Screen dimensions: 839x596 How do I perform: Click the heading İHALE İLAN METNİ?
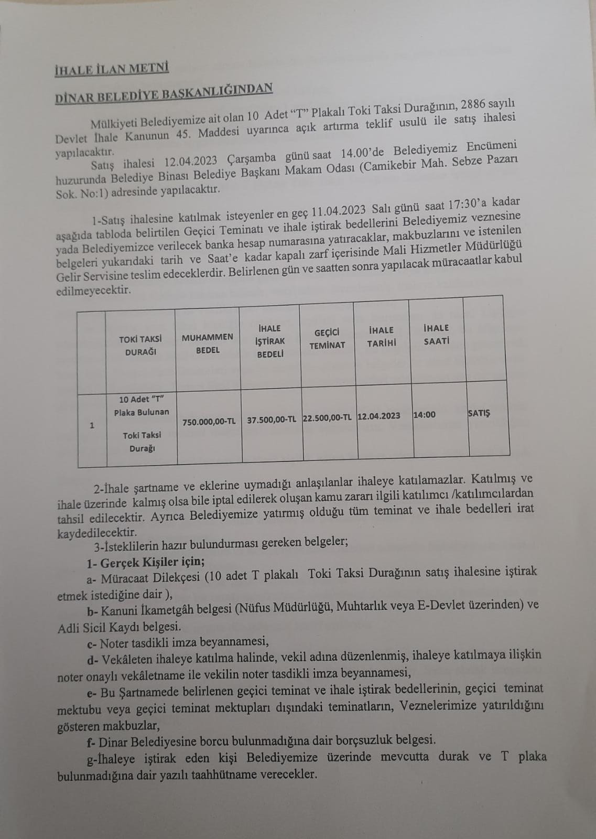[x=112, y=69]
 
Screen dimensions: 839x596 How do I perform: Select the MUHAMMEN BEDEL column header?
[x=208, y=343]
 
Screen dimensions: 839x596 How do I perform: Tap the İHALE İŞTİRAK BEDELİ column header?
[x=270, y=341]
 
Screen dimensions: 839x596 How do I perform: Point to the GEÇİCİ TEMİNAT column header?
[x=327, y=339]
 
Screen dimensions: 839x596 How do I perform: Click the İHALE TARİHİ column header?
[x=381, y=336]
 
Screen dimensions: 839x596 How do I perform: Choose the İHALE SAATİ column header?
[x=436, y=334]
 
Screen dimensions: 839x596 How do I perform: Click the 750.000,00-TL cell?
[x=209, y=421]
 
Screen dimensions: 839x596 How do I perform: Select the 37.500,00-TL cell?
[x=272, y=419]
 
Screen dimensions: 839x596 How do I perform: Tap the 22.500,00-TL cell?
[x=328, y=418]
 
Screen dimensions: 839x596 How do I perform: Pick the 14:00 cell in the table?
[x=425, y=415]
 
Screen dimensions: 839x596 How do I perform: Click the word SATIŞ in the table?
[x=479, y=413]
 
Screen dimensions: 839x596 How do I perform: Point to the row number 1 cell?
[x=92, y=425]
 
